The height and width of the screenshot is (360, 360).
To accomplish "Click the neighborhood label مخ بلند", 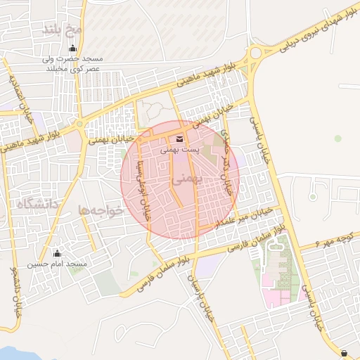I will (63, 30).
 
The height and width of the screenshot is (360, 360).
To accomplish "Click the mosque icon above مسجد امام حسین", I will (57, 253).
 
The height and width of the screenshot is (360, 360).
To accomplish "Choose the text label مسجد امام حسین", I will (57, 264).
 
